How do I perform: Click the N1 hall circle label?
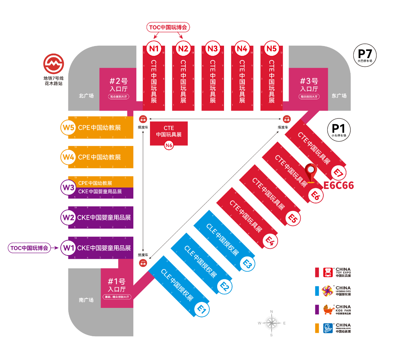pyautogui.click(x=154, y=49)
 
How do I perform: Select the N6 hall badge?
pyautogui.click(x=169, y=145)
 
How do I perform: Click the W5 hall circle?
pyautogui.click(x=68, y=127)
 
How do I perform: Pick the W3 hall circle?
pyautogui.click(x=68, y=187)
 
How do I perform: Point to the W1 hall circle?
pyautogui.click(x=68, y=248)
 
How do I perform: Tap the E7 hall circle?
pyautogui.click(x=338, y=173)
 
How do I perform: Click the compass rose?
pyautogui.click(x=271, y=323)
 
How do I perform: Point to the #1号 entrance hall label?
pyautogui.click(x=116, y=285)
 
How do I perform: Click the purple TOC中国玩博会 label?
pyautogui.click(x=30, y=248)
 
